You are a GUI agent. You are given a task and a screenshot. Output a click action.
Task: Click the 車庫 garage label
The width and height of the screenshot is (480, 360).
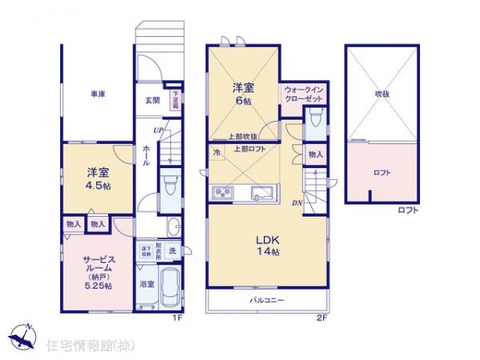98,94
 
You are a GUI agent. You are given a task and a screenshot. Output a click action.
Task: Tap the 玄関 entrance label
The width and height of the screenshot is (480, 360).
152,101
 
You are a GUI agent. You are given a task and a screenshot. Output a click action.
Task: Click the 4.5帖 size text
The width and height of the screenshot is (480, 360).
98,182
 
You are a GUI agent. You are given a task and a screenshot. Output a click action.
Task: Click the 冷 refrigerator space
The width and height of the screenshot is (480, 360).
217,151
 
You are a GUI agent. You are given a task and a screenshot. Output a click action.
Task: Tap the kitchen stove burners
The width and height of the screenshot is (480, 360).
222,193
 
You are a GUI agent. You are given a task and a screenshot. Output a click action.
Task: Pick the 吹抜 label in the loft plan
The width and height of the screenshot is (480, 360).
381,94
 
